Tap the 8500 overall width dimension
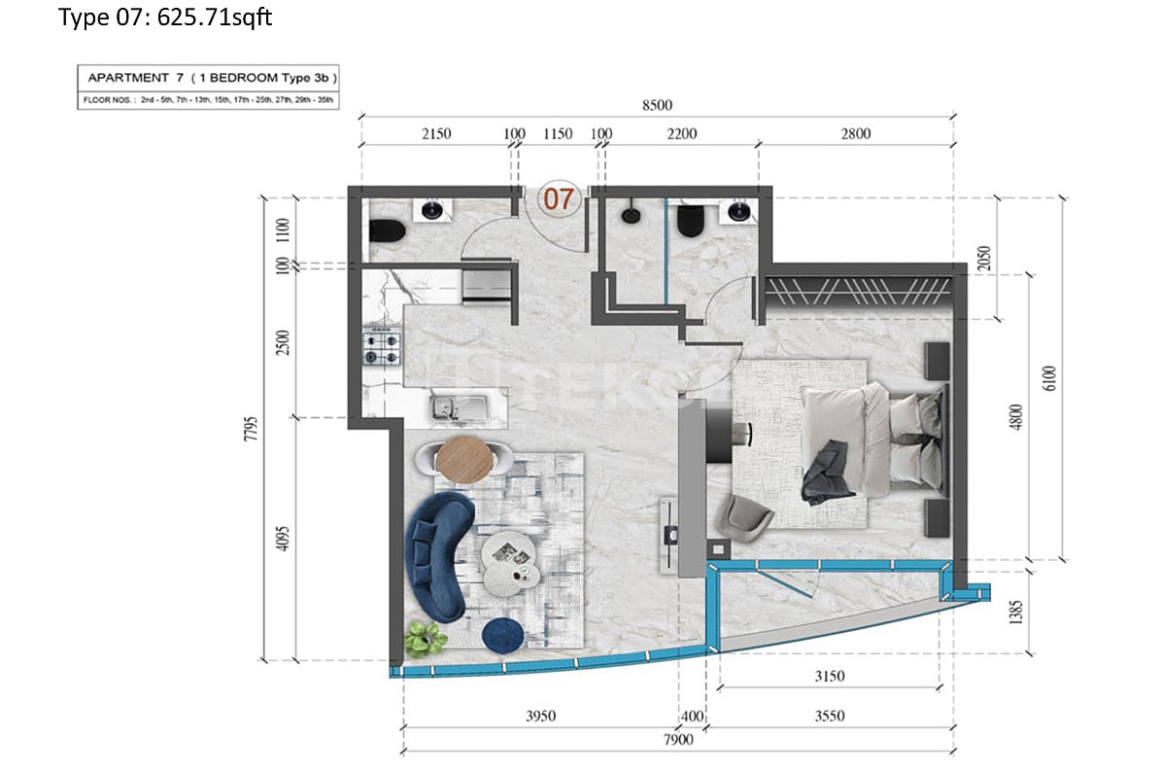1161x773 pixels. pyautogui.click(x=658, y=105)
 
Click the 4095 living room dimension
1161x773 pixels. pyautogui.click(x=284, y=541)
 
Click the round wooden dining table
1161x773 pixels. pyautogui.click(x=464, y=459)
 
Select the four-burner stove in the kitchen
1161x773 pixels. pyautogui.click(x=382, y=348)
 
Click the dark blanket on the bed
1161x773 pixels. pyautogui.click(x=828, y=473)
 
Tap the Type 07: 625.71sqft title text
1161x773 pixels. pyautogui.click(x=165, y=18)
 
